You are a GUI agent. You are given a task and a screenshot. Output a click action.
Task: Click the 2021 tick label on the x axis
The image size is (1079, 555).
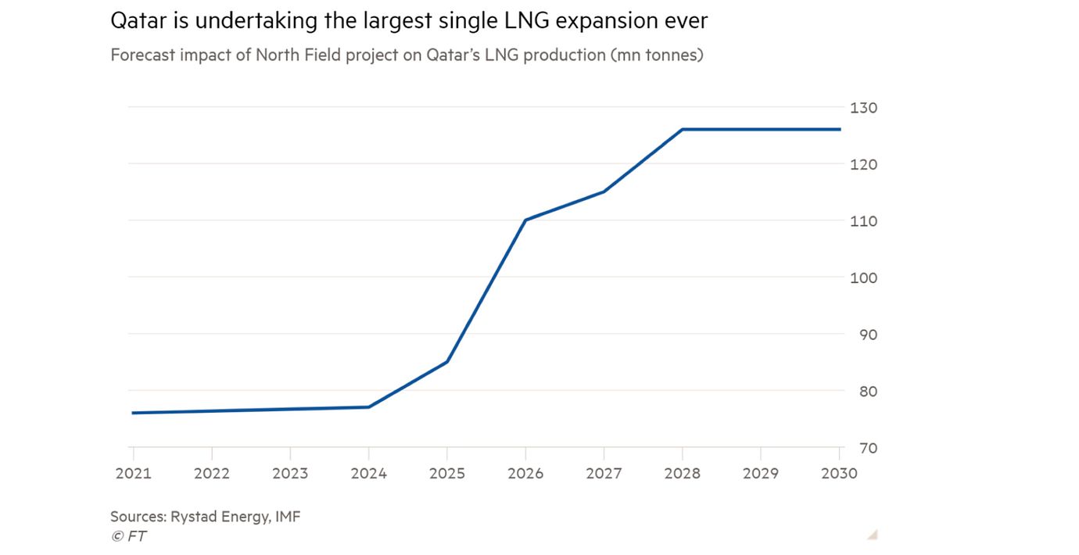tap(133, 473)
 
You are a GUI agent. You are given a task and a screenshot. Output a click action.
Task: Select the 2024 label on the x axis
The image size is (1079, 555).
tap(368, 473)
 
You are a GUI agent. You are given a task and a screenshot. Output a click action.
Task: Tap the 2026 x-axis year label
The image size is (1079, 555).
tap(525, 473)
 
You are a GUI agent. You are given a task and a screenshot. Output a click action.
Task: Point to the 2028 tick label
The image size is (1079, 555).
tap(683, 473)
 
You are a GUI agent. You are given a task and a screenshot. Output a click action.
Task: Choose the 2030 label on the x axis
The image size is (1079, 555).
tap(839, 473)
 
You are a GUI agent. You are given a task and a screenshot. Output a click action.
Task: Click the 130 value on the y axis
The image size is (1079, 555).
tap(863, 108)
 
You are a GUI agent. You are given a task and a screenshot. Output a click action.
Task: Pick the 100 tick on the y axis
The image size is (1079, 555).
tap(863, 278)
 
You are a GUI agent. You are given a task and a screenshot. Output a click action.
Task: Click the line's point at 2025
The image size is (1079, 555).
tap(446, 362)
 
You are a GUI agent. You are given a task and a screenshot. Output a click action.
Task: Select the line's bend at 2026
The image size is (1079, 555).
tap(525, 220)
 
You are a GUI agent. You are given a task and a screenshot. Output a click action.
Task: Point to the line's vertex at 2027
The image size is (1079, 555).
tap(604, 192)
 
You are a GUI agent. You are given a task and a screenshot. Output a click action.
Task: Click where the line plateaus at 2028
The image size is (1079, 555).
tap(683, 129)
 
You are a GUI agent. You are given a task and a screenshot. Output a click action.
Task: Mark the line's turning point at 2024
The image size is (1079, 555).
tap(368, 406)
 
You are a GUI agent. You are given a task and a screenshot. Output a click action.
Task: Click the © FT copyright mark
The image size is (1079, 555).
tap(128, 535)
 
